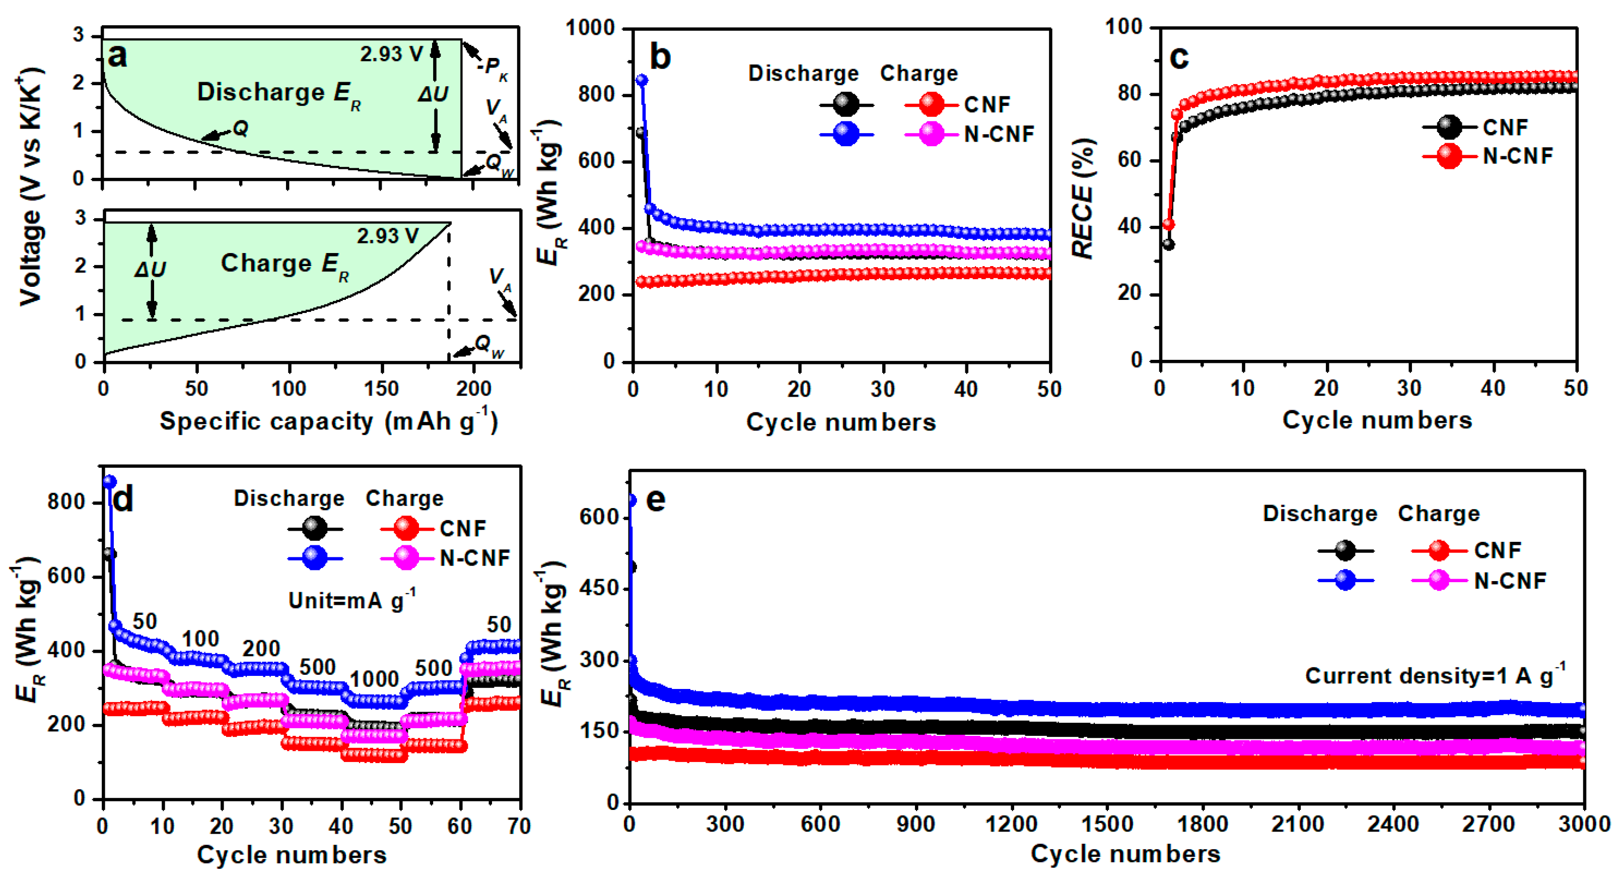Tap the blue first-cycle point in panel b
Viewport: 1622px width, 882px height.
pos(642,80)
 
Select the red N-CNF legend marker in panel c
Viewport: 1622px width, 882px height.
pos(1449,156)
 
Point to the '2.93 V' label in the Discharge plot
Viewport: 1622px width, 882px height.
pos(391,54)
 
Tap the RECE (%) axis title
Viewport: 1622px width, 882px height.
pos(1083,199)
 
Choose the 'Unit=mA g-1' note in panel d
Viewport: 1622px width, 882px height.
pos(351,600)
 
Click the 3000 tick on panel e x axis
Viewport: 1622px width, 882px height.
pos(1584,824)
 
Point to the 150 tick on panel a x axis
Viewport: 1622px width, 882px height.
pos(382,389)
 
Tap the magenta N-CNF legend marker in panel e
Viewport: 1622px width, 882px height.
pos(1439,580)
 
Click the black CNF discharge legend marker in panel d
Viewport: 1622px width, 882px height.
pos(314,528)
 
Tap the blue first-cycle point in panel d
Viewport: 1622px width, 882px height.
pos(110,481)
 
